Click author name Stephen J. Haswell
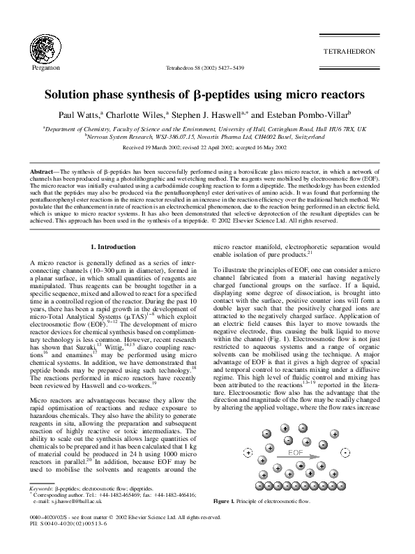pos(206,114)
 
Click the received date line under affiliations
pos(207,149)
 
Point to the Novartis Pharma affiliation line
pos(207,137)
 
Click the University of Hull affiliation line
pos(207,129)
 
